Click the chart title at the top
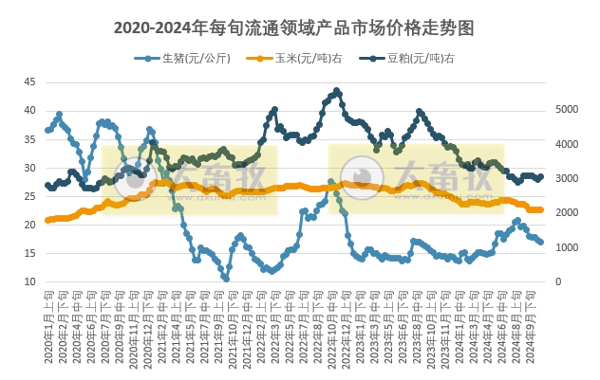tap(299, 27)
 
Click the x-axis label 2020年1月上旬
tap(48, 327)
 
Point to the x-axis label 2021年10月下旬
tap(234, 327)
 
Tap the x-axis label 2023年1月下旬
tap(363, 327)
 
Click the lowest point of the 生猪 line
tap(226, 279)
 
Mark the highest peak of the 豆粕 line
tap(337, 91)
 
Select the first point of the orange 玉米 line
tap(48, 220)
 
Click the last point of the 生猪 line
tap(541, 243)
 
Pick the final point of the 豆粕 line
tap(541, 176)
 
